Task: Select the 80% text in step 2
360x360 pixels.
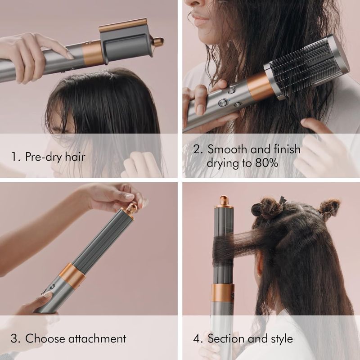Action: pos(264,162)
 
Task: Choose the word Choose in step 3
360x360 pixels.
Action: pos(43,338)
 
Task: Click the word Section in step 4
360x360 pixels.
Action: pos(229,338)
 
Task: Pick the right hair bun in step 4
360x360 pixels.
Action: pos(328,208)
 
